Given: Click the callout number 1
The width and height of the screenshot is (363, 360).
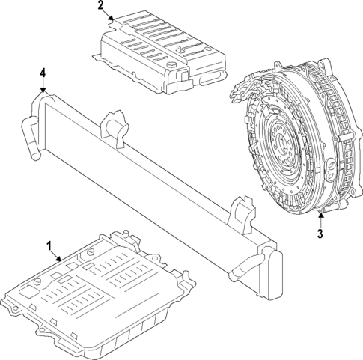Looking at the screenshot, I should (x=49, y=245).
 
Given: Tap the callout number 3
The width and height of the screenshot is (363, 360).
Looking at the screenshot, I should (x=320, y=234).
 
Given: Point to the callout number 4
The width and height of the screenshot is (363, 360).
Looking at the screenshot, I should (x=43, y=73).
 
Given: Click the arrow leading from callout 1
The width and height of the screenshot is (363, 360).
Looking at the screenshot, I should (x=58, y=257).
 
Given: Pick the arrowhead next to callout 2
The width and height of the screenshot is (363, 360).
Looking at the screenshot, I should (x=111, y=16).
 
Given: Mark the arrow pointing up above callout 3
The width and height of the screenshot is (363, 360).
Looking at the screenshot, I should (x=320, y=219).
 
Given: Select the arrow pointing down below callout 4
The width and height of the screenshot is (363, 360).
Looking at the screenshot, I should (x=43, y=86).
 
